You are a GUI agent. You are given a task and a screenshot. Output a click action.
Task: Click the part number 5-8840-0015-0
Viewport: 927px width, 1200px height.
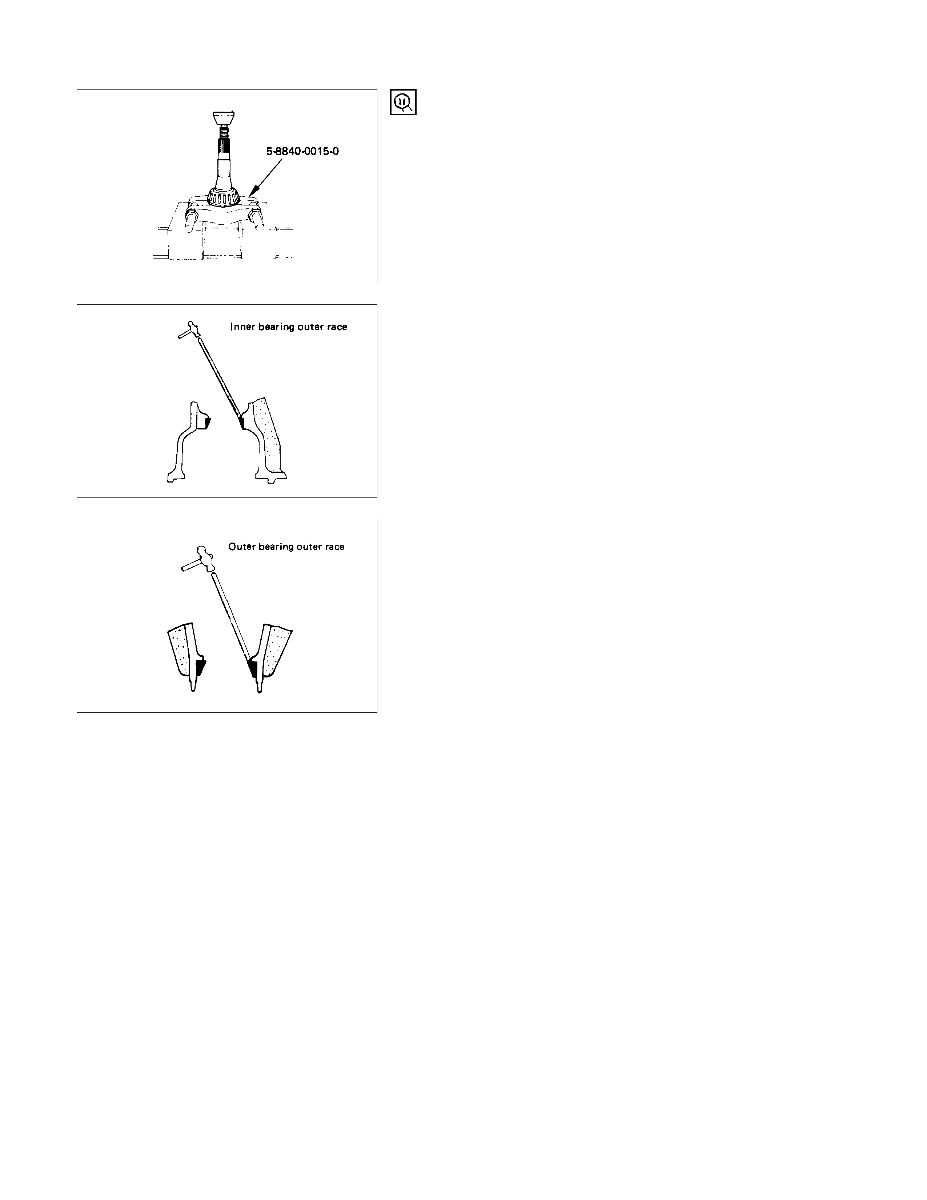pyautogui.click(x=302, y=151)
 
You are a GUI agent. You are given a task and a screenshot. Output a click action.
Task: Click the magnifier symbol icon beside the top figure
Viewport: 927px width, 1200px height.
pyautogui.click(x=403, y=102)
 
